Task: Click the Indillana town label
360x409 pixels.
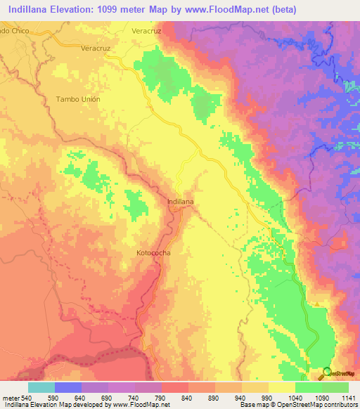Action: pyautogui.click(x=181, y=202)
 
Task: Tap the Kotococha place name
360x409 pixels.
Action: pyautogui.click(x=153, y=251)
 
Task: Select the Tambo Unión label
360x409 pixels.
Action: pyautogui.click(x=78, y=99)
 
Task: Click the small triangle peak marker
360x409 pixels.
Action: pyautogui.click(x=317, y=304)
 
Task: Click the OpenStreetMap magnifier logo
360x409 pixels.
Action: pyautogui.click(x=326, y=373)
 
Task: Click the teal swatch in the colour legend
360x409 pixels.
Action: pyautogui.click(x=41, y=387)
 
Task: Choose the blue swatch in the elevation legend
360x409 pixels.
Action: pyautogui.click(x=68, y=387)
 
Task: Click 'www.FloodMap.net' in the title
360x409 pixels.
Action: pyautogui.click(x=219, y=10)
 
